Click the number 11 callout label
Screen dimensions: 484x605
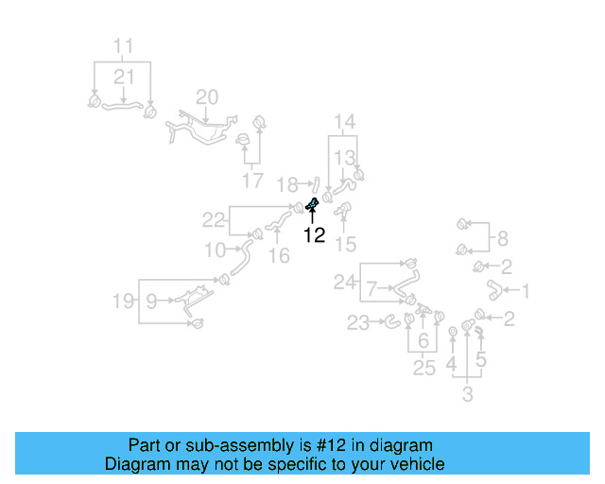pos(124,45)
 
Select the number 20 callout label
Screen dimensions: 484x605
pos(206,96)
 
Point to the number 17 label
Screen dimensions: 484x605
pos(252,180)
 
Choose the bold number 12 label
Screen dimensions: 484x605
pos(314,236)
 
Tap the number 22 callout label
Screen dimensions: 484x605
pos(215,220)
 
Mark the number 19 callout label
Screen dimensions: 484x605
pos(124,302)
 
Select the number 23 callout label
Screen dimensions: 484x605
pos(358,324)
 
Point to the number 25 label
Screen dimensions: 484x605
pos(424,369)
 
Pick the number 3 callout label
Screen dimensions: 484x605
pos(467,394)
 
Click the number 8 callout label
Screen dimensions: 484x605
pos(502,238)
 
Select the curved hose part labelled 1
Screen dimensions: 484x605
pos(493,288)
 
